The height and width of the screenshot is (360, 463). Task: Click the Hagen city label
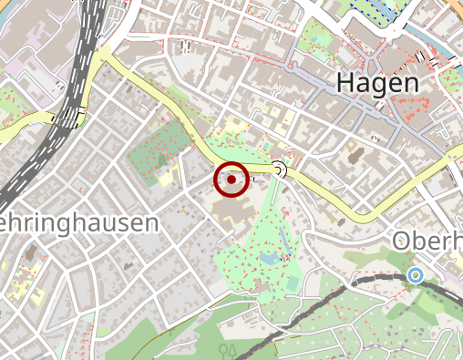point(378,82)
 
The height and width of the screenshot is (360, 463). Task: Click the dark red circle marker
point(232,180)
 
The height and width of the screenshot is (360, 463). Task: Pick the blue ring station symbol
point(416,274)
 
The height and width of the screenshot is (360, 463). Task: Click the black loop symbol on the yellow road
point(280,170)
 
